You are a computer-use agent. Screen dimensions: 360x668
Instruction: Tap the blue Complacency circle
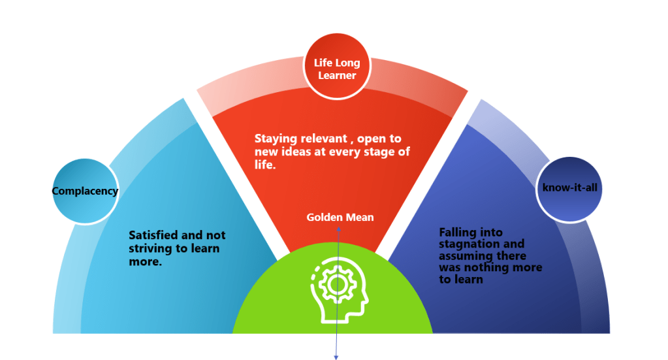point(85,191)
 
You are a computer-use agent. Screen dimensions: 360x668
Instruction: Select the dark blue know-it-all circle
point(569,188)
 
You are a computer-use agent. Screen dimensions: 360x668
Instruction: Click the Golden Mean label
point(340,217)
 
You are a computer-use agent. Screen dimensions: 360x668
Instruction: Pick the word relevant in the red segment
point(332,139)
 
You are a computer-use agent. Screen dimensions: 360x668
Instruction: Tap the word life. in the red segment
point(266,166)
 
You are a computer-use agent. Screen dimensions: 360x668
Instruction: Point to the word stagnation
point(468,244)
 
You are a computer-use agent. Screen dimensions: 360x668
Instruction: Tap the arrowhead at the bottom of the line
point(337,357)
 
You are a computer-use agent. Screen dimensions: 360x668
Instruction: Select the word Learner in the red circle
point(337,75)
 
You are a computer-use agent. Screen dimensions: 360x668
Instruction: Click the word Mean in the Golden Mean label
point(360,217)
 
